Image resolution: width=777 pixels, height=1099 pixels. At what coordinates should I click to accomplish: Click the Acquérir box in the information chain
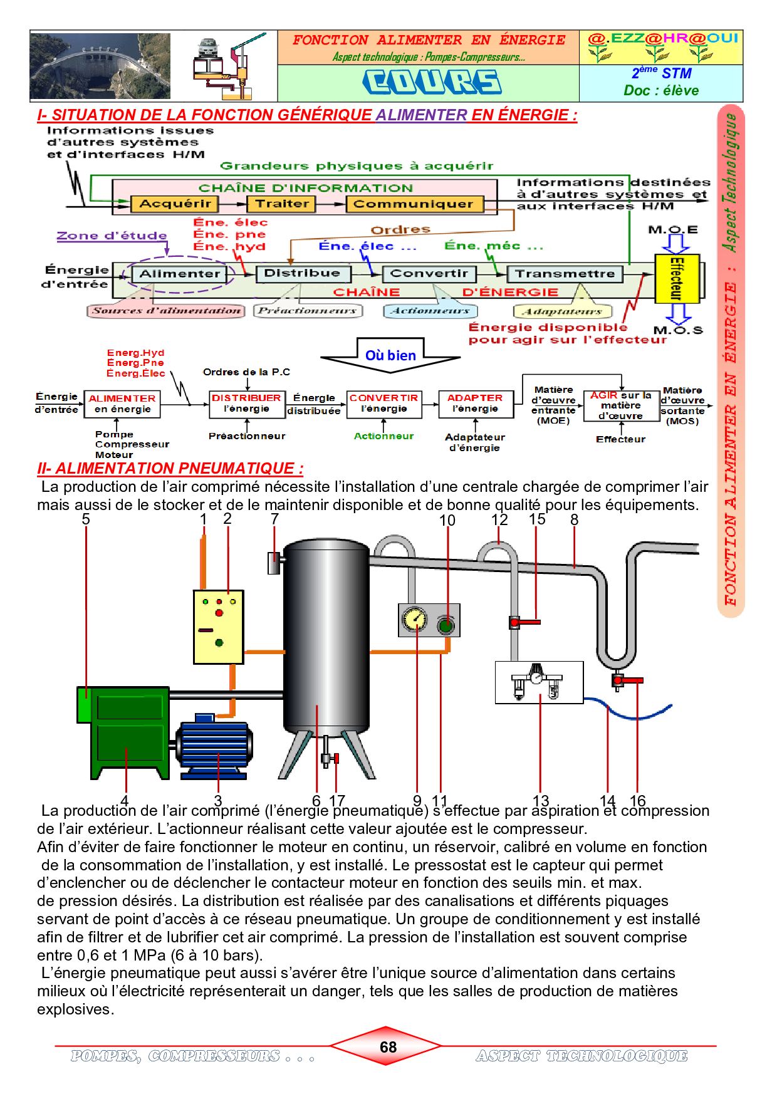click(x=174, y=204)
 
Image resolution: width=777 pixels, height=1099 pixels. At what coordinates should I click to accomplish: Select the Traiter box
click(x=281, y=204)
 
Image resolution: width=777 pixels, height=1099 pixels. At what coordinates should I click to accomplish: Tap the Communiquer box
click(x=413, y=204)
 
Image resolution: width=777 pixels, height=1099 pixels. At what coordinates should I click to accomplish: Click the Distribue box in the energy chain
click(x=302, y=273)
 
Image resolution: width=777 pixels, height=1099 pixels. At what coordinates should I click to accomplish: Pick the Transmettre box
click(x=565, y=274)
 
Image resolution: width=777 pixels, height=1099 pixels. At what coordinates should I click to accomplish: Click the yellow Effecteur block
click(x=677, y=278)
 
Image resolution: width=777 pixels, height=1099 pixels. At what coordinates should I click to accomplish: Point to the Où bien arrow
click(x=390, y=355)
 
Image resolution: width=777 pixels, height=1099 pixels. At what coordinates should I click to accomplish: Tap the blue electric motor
click(x=214, y=746)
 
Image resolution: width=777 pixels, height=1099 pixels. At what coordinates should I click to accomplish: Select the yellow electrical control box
click(x=218, y=626)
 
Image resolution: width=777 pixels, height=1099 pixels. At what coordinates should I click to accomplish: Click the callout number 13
click(x=540, y=801)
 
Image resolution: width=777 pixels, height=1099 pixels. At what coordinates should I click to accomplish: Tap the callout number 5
click(x=86, y=519)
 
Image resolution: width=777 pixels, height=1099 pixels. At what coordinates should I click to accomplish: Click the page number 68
click(x=388, y=1047)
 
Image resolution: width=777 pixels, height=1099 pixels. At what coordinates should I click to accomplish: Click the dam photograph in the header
click(x=100, y=66)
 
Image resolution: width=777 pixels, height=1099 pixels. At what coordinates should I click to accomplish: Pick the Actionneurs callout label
click(x=430, y=311)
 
